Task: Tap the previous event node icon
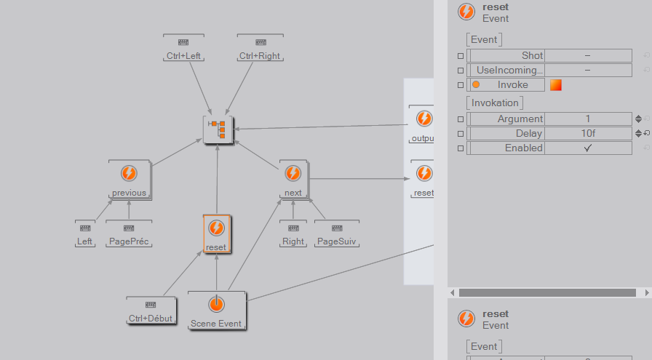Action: click(x=129, y=174)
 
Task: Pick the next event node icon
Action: click(x=293, y=174)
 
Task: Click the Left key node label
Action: click(x=85, y=241)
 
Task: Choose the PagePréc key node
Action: click(x=130, y=241)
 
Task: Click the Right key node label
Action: click(x=293, y=241)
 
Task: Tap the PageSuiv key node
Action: click(x=338, y=241)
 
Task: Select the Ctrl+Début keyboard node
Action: click(x=151, y=311)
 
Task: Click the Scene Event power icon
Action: click(x=216, y=305)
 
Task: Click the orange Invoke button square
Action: click(x=556, y=85)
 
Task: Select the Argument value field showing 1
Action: click(x=587, y=119)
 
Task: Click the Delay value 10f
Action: click(x=587, y=133)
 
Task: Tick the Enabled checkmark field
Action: click(x=587, y=148)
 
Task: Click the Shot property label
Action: click(x=532, y=56)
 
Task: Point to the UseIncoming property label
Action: click(x=509, y=71)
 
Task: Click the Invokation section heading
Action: click(x=495, y=103)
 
